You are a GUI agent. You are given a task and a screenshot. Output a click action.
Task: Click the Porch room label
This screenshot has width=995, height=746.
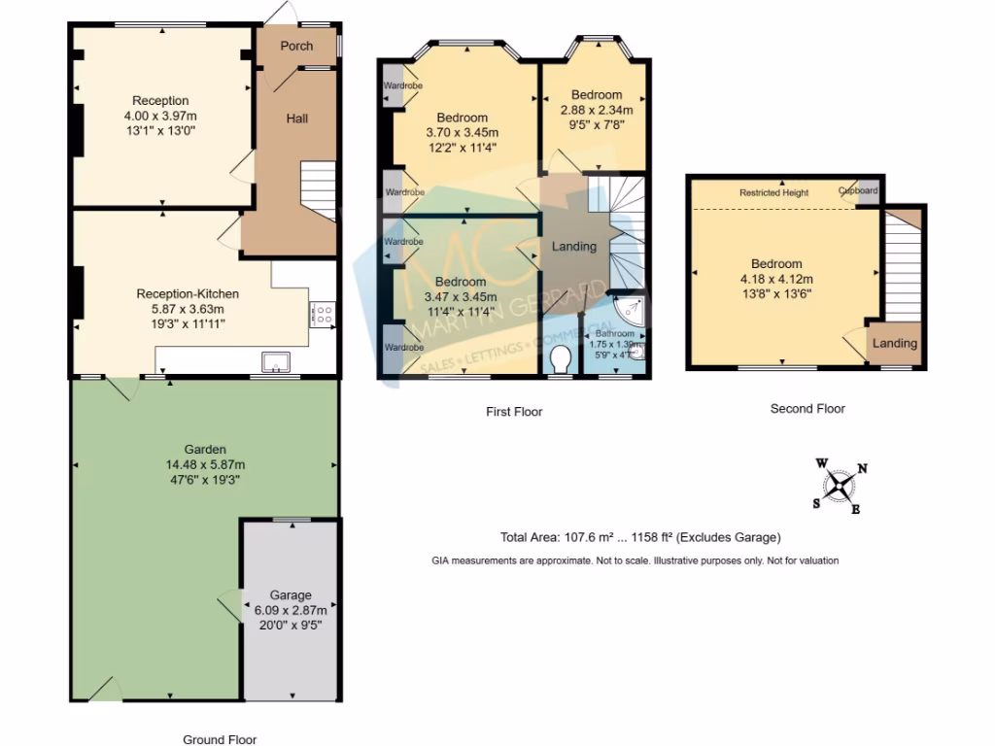(296, 46)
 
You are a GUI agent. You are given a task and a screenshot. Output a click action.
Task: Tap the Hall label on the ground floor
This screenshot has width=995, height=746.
(297, 119)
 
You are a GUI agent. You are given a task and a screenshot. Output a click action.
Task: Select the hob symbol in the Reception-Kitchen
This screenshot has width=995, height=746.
(323, 314)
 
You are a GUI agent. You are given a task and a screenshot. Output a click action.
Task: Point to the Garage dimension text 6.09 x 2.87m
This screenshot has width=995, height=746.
(291, 610)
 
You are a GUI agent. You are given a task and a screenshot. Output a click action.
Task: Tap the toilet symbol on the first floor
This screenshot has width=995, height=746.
(559, 361)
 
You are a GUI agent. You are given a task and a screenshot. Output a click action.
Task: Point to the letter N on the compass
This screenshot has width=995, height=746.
(863, 469)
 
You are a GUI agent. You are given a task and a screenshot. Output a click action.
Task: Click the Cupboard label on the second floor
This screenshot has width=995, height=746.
(858, 191)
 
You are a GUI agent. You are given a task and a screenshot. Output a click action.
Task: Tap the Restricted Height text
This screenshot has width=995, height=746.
(773, 193)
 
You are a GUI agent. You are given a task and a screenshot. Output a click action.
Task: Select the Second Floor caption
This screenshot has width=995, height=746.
(807, 409)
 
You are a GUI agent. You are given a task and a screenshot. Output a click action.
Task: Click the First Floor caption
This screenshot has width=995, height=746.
(514, 412)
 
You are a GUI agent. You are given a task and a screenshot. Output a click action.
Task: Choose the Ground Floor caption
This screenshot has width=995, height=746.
(220, 739)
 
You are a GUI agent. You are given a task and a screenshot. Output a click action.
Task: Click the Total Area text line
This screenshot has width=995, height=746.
(640, 537)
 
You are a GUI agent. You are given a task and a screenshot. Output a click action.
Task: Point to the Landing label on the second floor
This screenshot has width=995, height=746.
(894, 344)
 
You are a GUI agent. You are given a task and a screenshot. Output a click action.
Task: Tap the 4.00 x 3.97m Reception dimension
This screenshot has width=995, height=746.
(160, 115)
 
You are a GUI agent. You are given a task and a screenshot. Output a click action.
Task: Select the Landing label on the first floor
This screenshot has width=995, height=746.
(573, 247)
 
